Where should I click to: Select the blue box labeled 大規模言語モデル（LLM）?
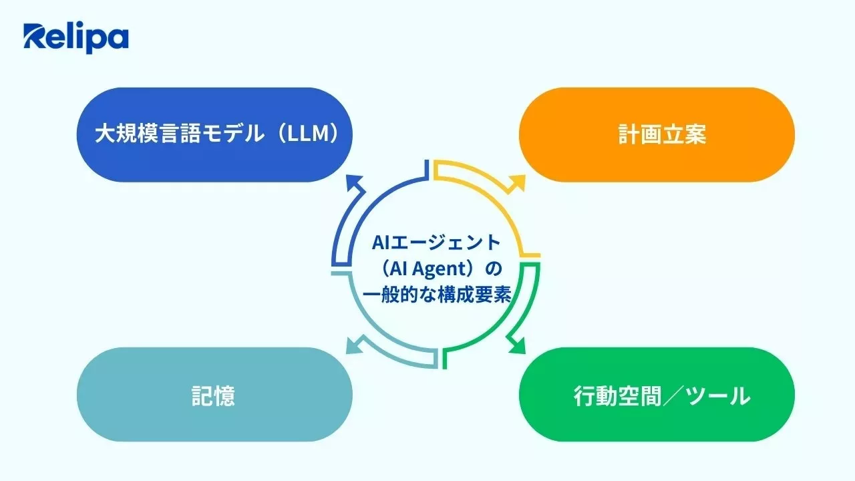[214, 134]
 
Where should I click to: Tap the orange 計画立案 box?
[657, 134]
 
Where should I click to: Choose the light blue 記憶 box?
[214, 394]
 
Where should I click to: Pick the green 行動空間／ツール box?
[657, 394]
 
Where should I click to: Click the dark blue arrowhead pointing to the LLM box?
[355, 183]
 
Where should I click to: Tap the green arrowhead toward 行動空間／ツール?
[517, 345]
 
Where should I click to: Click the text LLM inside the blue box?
[310, 134]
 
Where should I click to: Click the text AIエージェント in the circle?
[436, 242]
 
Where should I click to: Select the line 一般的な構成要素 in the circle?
[436, 295]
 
